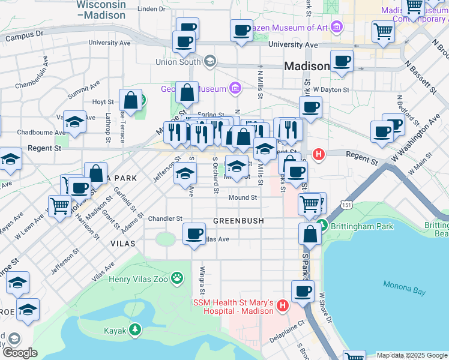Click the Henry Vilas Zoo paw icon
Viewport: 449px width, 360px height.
point(177,278)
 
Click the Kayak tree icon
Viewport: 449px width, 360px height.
point(136,329)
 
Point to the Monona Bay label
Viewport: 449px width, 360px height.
point(403,292)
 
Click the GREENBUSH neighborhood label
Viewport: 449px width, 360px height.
point(239,221)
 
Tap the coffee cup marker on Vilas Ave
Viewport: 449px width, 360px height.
point(193,233)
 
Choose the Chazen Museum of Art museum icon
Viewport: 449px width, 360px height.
point(336,28)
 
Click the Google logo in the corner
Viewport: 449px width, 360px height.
point(20,353)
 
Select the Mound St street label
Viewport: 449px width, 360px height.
point(243,197)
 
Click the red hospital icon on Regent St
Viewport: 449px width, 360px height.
point(319,154)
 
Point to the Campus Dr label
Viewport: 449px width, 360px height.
point(25,37)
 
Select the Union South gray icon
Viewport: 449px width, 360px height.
point(209,61)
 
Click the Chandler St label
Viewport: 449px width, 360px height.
point(165,219)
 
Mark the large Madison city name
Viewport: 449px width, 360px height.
point(307,66)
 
